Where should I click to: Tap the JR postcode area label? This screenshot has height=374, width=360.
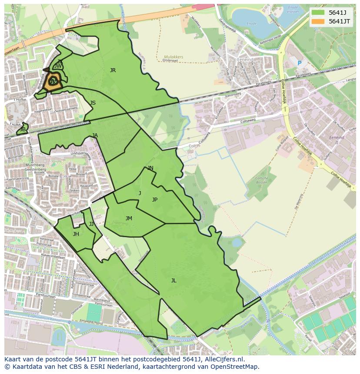[x=113, y=70]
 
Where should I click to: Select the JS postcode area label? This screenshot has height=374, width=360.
[x=93, y=103]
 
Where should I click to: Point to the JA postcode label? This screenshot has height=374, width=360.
[x=95, y=136]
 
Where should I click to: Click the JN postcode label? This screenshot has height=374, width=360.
[x=150, y=168]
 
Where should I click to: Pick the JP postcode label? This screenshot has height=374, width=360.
[x=154, y=200]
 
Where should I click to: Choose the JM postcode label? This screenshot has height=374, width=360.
[x=129, y=218]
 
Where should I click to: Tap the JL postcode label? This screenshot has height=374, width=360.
[x=173, y=281]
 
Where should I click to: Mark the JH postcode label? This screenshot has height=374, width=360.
[x=76, y=234]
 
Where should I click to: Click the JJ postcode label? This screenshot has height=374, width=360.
[x=91, y=224]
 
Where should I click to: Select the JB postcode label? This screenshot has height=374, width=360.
[x=23, y=129]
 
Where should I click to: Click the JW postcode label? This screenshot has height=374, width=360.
[x=58, y=66]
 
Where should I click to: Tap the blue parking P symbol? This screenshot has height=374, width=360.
[x=299, y=63]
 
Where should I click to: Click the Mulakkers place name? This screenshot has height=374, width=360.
[x=173, y=57]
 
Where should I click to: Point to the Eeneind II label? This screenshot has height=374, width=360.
[x=337, y=140]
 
